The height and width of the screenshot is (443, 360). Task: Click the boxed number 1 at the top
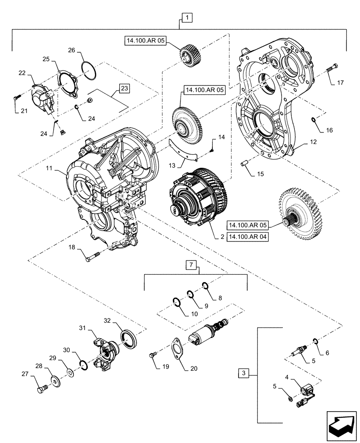[x=187, y=18]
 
